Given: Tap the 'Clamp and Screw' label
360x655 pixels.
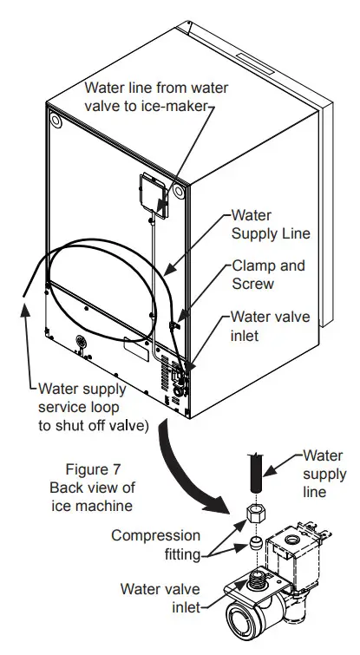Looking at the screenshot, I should (x=268, y=275).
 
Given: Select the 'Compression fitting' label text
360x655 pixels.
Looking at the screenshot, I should (x=155, y=545).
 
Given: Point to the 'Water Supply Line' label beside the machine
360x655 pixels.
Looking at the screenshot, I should (x=270, y=224).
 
